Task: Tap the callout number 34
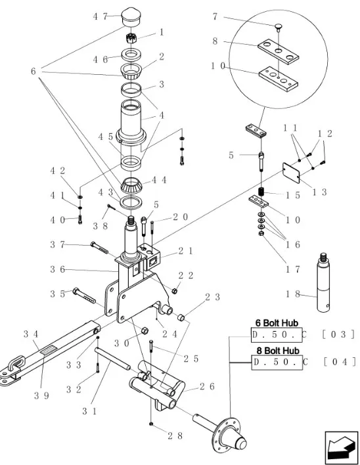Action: [31, 334]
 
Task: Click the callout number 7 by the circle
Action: [215, 17]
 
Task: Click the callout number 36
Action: [57, 269]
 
